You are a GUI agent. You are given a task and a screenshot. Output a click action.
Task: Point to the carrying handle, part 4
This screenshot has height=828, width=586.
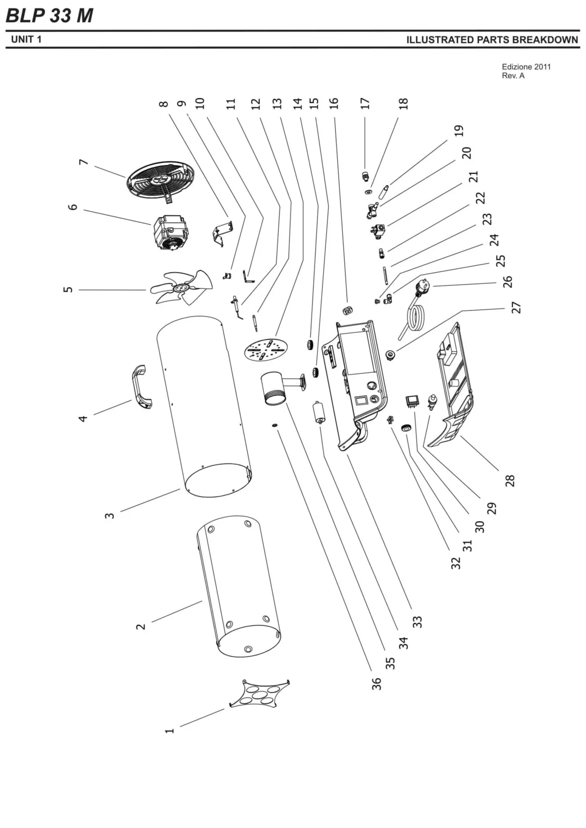tap(142, 386)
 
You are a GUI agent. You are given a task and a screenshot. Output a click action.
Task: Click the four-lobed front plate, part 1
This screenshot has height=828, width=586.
tap(259, 693)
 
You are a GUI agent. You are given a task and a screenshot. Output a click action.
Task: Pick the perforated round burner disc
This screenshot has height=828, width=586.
tap(266, 349)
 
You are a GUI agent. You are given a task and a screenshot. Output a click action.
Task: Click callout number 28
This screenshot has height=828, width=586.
tap(510, 480)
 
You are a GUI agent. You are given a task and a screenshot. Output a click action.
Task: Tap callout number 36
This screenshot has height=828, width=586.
tap(377, 684)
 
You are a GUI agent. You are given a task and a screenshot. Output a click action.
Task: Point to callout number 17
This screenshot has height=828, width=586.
tap(365, 103)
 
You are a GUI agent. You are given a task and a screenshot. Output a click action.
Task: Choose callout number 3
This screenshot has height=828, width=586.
tap(110, 515)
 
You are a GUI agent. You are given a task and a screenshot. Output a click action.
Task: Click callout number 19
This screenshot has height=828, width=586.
tap(459, 131)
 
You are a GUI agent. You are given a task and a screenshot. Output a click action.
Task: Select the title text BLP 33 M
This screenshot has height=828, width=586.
tap(50, 16)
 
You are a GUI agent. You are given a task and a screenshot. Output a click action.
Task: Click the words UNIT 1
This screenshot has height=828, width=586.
tap(26, 40)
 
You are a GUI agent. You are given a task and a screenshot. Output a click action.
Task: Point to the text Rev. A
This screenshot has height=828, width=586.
tap(513, 76)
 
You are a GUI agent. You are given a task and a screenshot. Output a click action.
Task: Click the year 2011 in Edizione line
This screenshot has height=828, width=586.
tap(542, 67)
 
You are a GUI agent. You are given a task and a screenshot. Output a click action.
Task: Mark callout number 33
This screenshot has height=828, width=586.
tap(417, 621)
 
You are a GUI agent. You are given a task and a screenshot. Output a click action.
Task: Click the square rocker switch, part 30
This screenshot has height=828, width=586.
tap(412, 401)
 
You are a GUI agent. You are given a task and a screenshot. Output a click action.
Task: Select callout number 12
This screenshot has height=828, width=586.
tap(256, 103)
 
